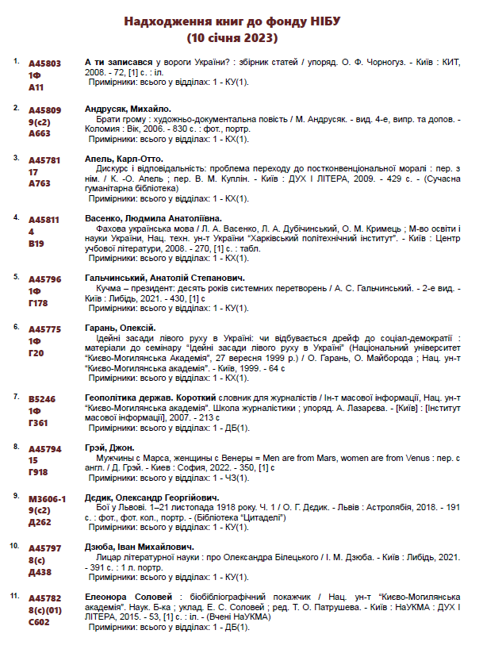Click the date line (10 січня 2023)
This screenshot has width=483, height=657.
[x=232, y=36]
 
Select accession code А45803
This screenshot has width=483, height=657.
[x=44, y=62]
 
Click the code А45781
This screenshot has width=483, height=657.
[x=44, y=159]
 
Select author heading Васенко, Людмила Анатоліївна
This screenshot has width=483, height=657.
[x=153, y=218]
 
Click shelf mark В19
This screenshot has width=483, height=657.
[x=36, y=244]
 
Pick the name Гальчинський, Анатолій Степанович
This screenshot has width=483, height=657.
[x=164, y=278]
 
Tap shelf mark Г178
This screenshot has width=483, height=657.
[x=38, y=303]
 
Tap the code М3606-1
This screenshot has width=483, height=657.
[x=47, y=497]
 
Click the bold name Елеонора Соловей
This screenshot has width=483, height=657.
[x=128, y=596]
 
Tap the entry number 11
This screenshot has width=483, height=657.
[x=13, y=595]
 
